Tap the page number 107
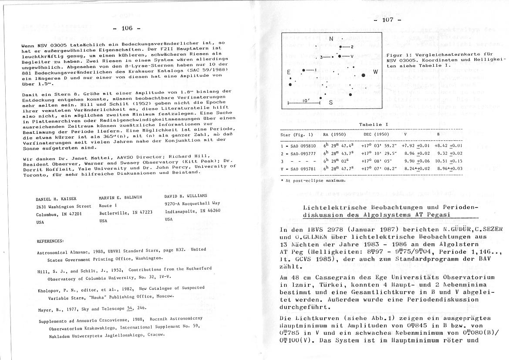click(387, 20)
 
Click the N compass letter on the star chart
click(331, 39)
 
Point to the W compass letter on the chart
click(375, 71)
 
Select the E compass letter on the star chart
click(288, 72)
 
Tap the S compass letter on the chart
click(331, 103)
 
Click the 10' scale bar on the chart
click(304, 102)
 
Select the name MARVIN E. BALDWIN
click(121, 197)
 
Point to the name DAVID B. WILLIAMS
click(186, 196)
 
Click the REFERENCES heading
click(51, 241)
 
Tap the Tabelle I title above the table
click(371, 125)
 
